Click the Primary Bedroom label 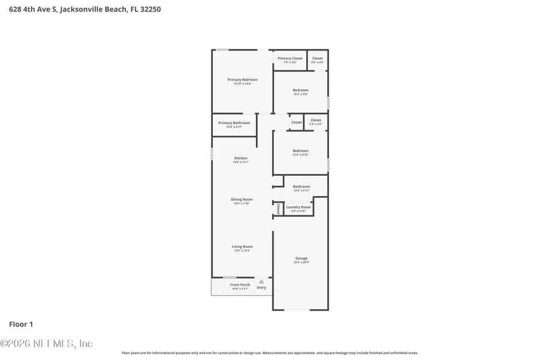(242, 80)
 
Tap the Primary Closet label (290, 58)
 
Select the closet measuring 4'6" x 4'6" (317, 60)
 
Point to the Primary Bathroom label (234, 123)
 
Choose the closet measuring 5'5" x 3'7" (316, 122)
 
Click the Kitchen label (241, 158)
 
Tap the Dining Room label (242, 199)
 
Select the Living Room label (242, 247)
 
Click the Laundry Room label (298, 207)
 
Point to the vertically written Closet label (278, 209)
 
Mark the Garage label (301, 259)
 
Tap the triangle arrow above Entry (261, 281)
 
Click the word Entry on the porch (261, 287)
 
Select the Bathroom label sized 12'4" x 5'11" (301, 187)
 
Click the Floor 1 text (21, 324)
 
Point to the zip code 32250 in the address (149, 10)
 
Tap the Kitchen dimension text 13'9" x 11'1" (241, 163)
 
